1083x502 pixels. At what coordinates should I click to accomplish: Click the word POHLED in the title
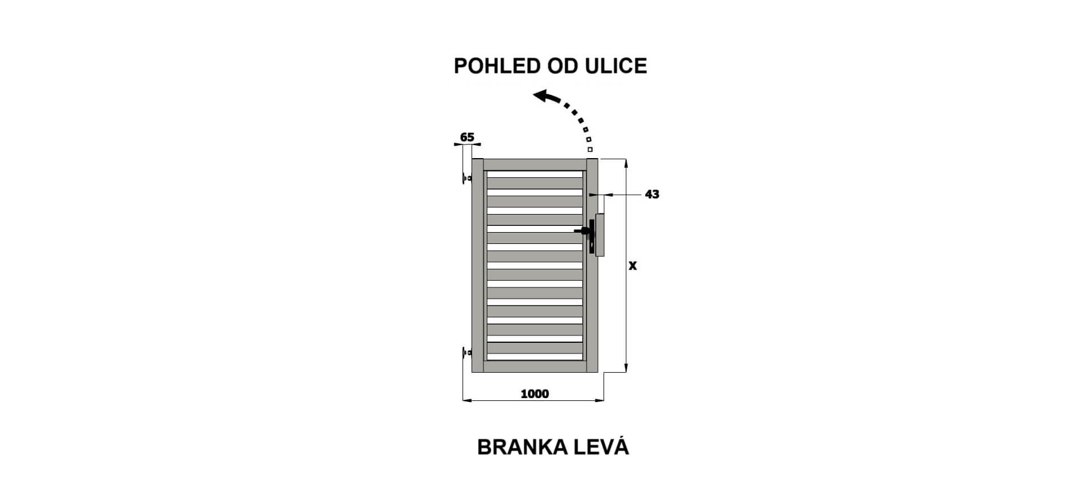coord(497,66)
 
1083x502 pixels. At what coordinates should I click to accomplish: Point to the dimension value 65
coord(467,137)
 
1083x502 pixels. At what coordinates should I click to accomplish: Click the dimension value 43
coord(652,194)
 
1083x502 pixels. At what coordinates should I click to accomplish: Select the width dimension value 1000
coord(534,394)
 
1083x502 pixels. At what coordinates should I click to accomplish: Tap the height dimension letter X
coord(633,265)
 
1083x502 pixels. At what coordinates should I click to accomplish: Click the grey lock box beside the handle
coord(600,235)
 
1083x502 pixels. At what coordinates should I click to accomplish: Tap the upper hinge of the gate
coord(466,178)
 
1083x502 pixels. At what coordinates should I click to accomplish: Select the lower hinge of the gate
coord(466,353)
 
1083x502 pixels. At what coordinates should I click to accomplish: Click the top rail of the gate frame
coord(535,164)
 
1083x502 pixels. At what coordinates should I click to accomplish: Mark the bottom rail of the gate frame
coord(535,366)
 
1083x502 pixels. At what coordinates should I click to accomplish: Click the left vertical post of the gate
coord(478,265)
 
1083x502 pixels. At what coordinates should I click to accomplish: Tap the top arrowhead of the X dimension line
coord(626,164)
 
